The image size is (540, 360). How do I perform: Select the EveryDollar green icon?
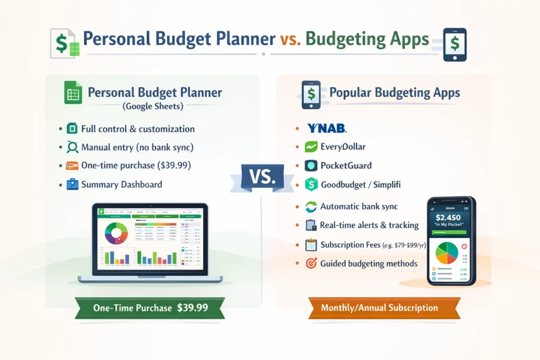[x=312, y=147]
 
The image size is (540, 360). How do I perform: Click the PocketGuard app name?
[x=346, y=166]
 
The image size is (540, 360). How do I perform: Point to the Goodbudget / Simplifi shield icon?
[x=312, y=184]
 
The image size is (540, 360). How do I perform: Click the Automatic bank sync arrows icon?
[x=312, y=207]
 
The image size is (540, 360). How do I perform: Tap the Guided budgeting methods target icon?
[x=312, y=264]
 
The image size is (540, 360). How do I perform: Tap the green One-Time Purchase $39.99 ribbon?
[x=150, y=308]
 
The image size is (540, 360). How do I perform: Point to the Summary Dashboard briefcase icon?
[x=72, y=184]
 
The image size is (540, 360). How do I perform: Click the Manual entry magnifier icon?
[x=72, y=147]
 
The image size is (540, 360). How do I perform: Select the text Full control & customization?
[x=138, y=129]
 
